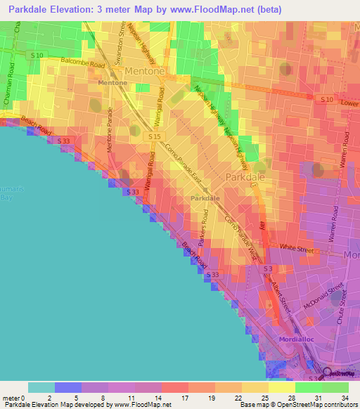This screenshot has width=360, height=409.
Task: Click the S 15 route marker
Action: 155,136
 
